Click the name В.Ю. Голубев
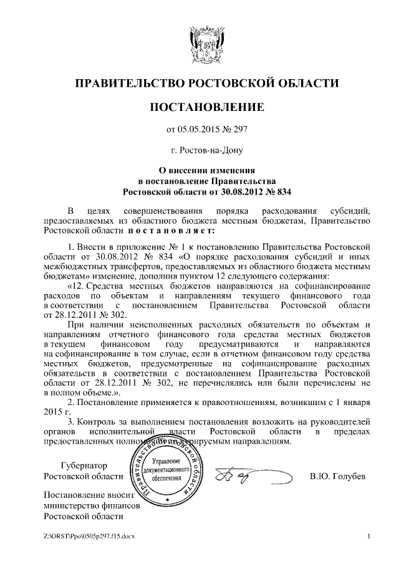pyautogui.click(x=337, y=477)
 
